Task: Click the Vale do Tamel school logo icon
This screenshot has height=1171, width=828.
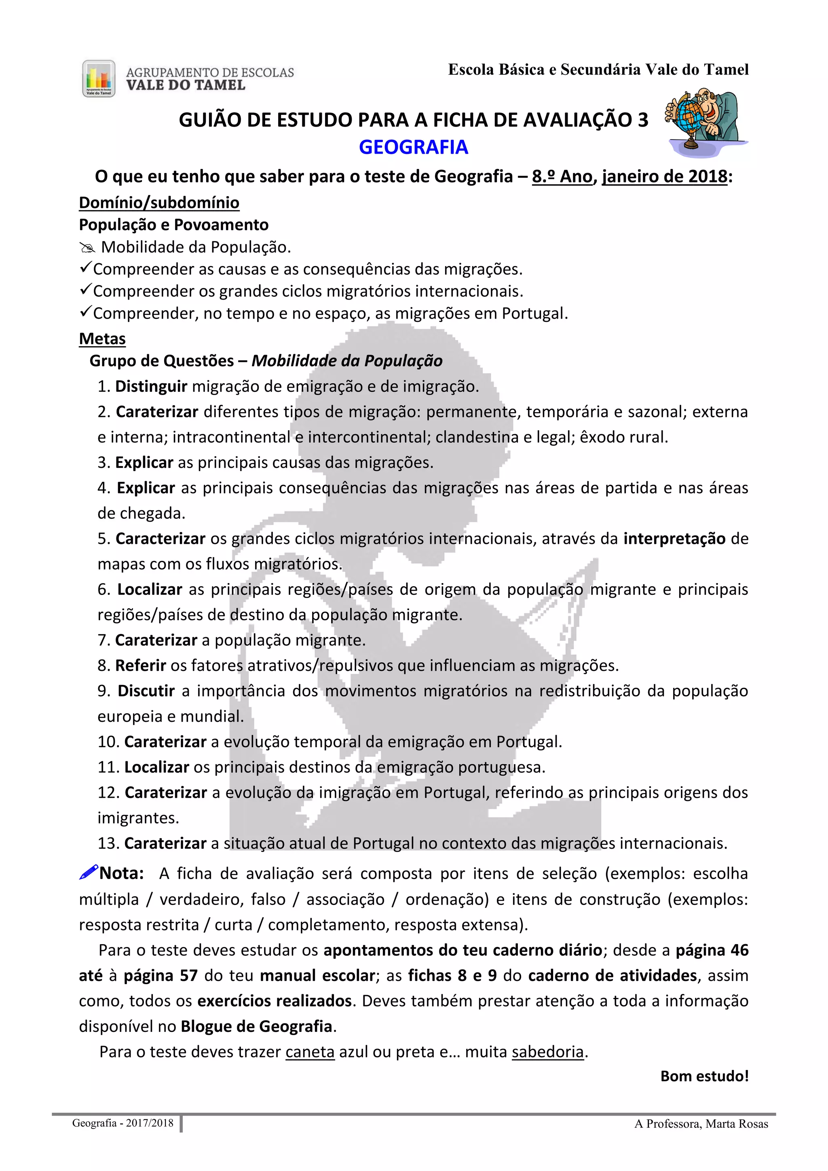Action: (98, 78)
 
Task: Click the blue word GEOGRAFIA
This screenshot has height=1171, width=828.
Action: (414, 147)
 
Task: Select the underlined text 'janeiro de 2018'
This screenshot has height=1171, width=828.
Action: (664, 176)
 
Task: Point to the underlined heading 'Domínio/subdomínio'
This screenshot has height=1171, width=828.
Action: (159, 203)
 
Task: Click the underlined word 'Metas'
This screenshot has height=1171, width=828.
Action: (102, 339)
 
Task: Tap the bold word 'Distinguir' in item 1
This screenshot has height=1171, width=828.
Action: (152, 386)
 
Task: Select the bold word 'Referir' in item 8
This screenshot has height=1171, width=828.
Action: (141, 665)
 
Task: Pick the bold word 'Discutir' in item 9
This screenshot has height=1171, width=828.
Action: (146, 691)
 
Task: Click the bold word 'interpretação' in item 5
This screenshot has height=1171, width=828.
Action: (674, 539)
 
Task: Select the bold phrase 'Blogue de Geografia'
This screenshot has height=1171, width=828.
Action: (256, 1026)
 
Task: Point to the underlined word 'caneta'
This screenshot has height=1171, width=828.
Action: (310, 1052)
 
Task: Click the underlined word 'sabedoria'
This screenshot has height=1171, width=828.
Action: (547, 1052)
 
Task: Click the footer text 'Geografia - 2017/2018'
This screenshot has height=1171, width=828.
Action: (123, 1123)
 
